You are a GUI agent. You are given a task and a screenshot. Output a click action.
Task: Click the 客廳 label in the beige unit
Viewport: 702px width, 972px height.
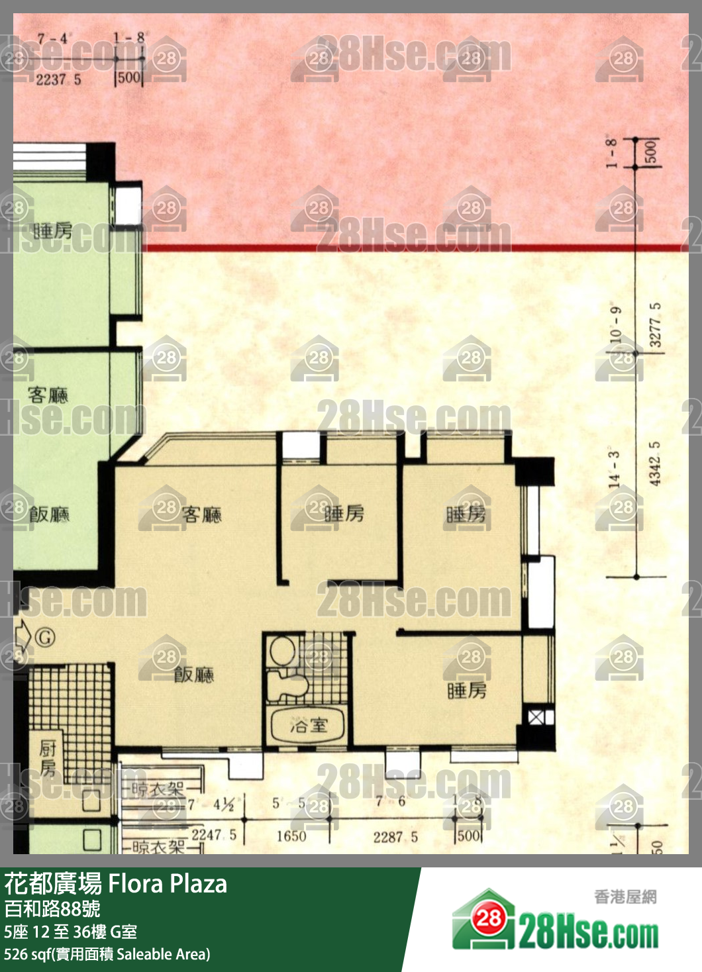click(201, 514)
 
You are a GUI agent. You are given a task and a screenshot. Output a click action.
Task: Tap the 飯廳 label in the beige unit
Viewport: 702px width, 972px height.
click(193, 674)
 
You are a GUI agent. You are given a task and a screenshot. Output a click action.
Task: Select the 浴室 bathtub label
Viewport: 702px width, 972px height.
click(309, 725)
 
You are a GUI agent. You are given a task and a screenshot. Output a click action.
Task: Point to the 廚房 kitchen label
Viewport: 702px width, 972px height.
click(48, 758)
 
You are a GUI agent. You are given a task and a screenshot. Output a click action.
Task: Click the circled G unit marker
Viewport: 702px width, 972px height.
click(44, 638)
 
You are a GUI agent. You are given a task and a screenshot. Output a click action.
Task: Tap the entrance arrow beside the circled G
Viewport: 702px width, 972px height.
click(22, 636)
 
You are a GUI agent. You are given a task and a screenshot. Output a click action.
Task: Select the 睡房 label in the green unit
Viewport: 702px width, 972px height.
click(53, 230)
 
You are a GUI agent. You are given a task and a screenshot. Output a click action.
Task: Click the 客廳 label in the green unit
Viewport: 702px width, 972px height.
click(48, 395)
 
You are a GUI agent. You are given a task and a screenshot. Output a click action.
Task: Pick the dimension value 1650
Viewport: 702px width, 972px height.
click(291, 836)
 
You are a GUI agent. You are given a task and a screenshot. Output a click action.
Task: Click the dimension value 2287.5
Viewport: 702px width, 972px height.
click(395, 837)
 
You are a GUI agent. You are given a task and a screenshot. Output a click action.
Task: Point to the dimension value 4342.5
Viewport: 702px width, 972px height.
click(654, 463)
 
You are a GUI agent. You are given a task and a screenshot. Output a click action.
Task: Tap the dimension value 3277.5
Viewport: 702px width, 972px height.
click(654, 324)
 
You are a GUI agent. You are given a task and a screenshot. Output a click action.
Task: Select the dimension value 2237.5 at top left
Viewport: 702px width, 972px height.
click(58, 79)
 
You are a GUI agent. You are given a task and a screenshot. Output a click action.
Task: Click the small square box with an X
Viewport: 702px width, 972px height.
click(535, 716)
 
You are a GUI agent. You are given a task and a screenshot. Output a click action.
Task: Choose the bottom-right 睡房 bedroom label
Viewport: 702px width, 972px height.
click(467, 691)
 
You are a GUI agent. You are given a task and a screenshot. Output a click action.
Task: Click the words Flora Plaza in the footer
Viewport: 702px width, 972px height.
click(168, 884)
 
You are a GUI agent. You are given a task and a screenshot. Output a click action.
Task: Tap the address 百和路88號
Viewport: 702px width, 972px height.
click(52, 908)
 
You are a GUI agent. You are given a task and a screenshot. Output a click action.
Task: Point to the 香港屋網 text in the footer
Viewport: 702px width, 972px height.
click(625, 897)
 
